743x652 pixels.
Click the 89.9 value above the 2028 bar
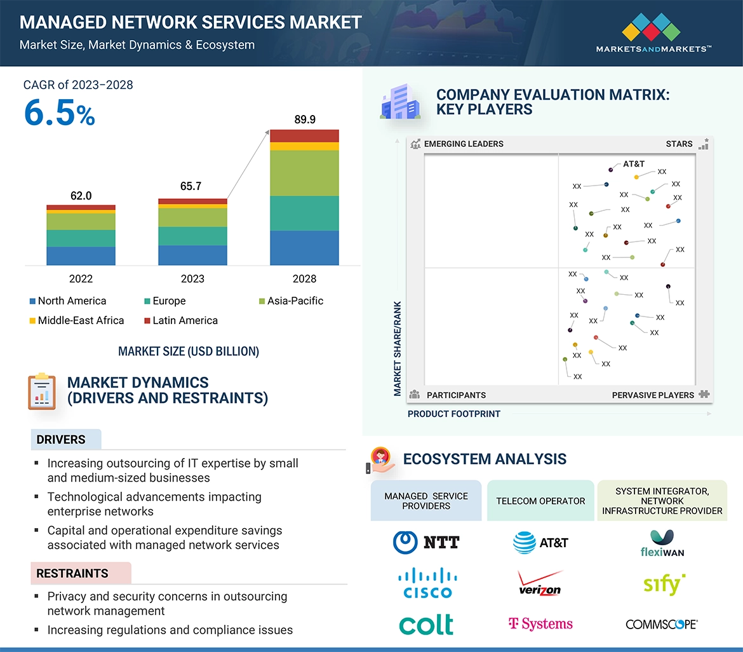point(305,119)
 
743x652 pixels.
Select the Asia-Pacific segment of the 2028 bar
point(304,173)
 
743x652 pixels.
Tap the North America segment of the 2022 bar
point(81,255)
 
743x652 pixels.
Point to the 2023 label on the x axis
point(192,279)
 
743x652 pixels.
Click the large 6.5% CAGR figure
point(60,113)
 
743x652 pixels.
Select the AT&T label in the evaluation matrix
point(633,164)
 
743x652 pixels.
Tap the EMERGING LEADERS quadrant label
point(464,144)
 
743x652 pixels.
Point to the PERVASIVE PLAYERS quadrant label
point(653,395)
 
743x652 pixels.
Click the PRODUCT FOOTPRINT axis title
point(454,414)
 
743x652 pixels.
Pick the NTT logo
point(426,542)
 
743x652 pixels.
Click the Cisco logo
point(426,583)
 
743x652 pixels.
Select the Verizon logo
point(540,583)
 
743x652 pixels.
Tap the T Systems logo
point(540,624)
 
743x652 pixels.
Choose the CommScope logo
point(662,624)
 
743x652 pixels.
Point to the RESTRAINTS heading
point(72,573)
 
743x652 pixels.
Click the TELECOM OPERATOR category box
point(540,501)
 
